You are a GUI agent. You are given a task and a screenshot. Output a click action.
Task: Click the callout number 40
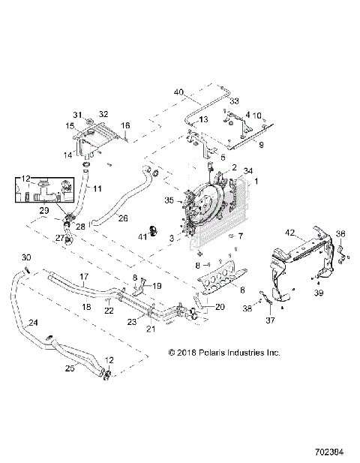(178, 92)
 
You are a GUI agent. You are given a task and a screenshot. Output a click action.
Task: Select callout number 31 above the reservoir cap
(77, 113)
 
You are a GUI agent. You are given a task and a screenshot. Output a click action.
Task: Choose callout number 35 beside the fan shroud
(169, 200)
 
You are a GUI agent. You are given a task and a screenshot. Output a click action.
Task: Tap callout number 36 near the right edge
(339, 233)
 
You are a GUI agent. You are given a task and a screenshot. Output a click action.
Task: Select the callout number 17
(83, 276)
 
